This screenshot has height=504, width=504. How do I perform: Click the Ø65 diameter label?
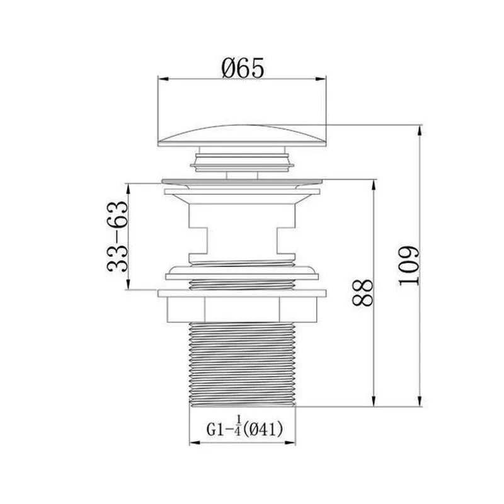pyautogui.click(x=243, y=68)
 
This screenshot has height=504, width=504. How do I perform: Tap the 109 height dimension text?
pyautogui.click(x=409, y=266)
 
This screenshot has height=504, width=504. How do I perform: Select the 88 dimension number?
pyautogui.click(x=362, y=292)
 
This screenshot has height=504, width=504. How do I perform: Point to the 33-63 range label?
pyautogui.click(x=117, y=237)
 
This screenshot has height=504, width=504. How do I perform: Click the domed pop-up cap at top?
pyautogui.click(x=242, y=136)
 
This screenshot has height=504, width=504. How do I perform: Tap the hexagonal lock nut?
pyautogui.click(x=242, y=309)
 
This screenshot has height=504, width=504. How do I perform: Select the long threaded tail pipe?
pyautogui.click(x=242, y=365)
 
